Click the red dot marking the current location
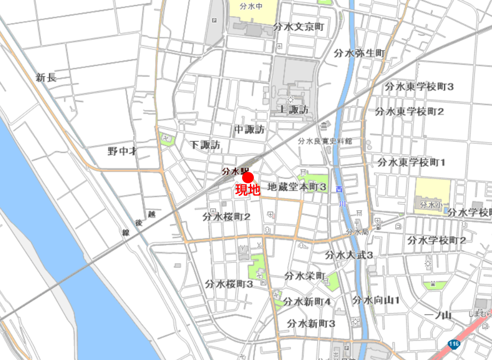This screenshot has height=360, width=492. click(x=248, y=177)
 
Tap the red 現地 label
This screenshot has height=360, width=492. click(x=248, y=190)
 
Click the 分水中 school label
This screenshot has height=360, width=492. click(x=253, y=7)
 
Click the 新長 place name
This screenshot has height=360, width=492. click(x=46, y=78)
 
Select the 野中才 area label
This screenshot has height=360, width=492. click(x=122, y=151)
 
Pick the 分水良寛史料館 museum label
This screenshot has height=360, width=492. click(x=325, y=141)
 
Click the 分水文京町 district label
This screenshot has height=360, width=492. click(x=299, y=27)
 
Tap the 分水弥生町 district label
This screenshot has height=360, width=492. click(x=360, y=53)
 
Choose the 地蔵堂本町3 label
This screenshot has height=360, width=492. click(x=297, y=187)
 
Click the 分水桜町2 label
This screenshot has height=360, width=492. click(x=226, y=216)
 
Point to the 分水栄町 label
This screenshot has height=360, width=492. click(x=305, y=276)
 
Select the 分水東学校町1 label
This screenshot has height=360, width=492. click(x=411, y=163)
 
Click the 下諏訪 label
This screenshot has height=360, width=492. click(x=205, y=145)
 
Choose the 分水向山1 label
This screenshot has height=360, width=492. click(x=376, y=300)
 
